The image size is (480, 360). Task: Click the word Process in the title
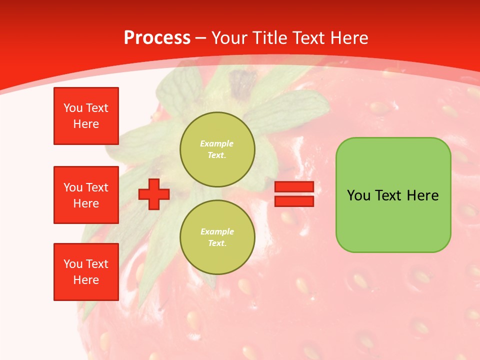[157, 37]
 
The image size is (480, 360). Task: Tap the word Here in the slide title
[348, 37]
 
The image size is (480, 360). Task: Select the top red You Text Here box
[86, 116]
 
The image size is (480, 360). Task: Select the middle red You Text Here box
[86, 195]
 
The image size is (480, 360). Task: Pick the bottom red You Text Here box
[86, 272]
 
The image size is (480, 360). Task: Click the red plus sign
[154, 194]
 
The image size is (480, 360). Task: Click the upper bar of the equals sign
[294, 186]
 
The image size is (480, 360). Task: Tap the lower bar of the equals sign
[294, 201]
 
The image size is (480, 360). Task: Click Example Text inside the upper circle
[217, 149]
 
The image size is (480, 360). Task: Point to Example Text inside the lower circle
[217, 237]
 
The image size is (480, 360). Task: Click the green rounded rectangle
[393, 220]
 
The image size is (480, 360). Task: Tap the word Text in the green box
[389, 195]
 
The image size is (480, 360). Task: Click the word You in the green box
[358, 195]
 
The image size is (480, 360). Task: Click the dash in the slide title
[200, 38]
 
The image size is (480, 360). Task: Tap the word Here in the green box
[423, 195]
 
